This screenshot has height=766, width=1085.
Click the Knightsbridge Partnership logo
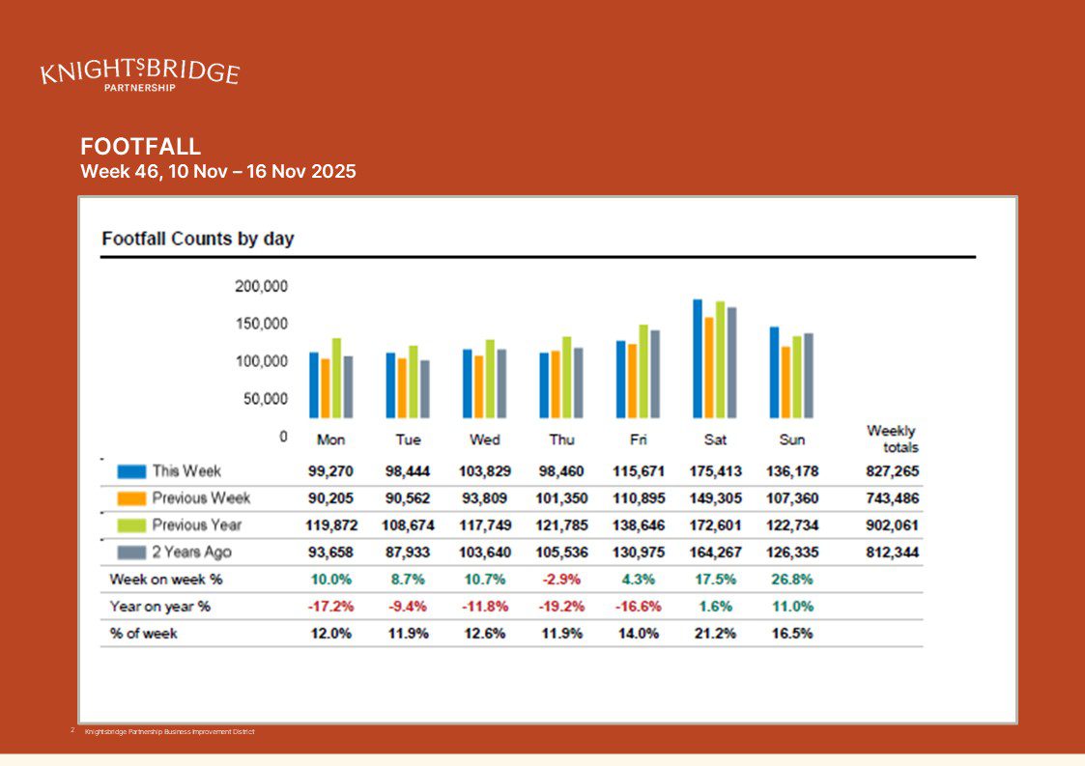point(140,74)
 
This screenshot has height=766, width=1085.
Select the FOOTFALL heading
point(141,147)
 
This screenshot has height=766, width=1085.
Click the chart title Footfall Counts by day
point(198,239)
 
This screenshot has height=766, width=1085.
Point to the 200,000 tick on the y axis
point(261,286)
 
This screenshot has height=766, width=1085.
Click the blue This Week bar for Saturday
point(698,357)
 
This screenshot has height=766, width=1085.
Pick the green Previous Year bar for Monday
point(336,378)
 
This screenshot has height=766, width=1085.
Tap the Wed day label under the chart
point(484,440)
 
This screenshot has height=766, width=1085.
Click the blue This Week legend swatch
point(131,471)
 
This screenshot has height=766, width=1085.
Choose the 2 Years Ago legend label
point(191,553)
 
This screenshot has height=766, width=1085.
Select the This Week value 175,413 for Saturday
point(715,471)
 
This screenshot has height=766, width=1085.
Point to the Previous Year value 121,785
point(561,525)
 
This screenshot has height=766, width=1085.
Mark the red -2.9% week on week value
point(561,580)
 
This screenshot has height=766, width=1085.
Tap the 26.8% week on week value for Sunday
point(791,580)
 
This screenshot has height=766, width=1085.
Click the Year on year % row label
point(160,607)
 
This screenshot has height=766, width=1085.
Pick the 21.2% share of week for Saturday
point(715,634)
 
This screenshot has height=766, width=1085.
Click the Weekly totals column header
point(892,439)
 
